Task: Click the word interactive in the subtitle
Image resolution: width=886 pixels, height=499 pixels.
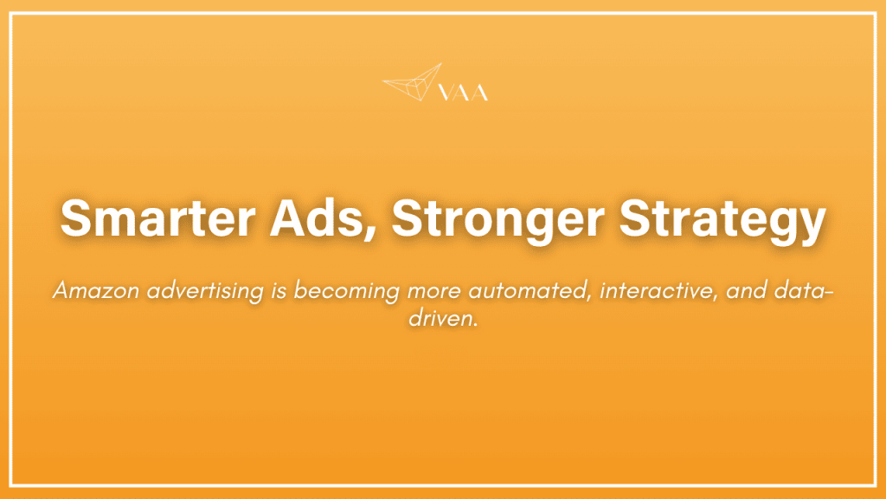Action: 639,290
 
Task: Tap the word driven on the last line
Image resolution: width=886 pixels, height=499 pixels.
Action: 440,318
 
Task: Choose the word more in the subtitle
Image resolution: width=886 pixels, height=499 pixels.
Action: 423,291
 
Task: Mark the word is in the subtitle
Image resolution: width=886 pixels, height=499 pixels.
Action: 279,290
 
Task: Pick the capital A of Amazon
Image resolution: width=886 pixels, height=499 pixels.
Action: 60,290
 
